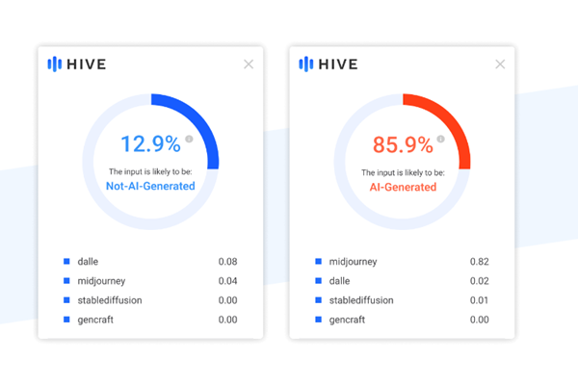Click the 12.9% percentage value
149,144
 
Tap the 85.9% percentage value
401,144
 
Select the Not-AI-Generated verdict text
150,186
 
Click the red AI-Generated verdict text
402,186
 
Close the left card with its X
249,64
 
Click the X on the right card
500,64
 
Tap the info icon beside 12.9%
189,139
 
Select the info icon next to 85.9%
440,139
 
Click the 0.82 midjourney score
479,261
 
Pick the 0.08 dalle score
227,261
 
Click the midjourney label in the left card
102,280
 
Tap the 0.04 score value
227,280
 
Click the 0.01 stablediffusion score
479,299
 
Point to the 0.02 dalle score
479,280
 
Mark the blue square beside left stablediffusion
66,299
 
